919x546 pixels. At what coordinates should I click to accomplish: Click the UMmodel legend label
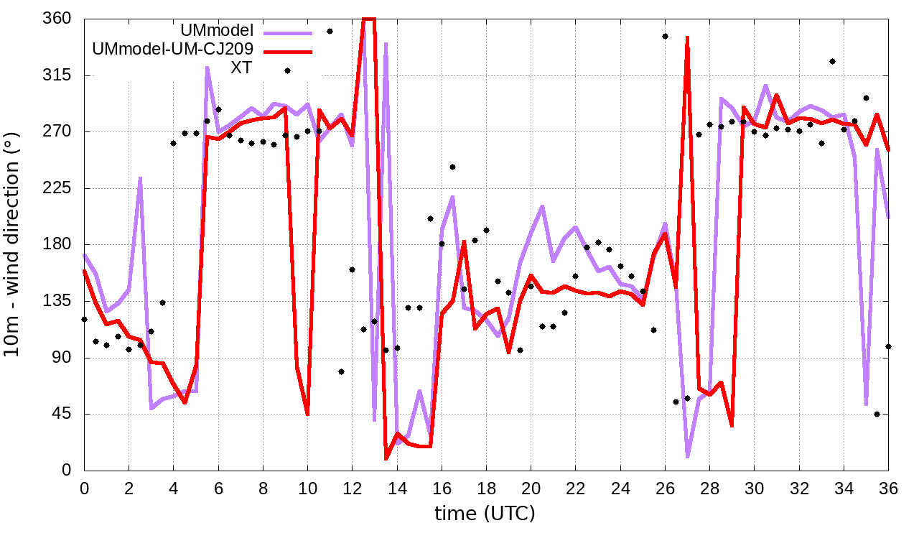pyautogui.click(x=218, y=31)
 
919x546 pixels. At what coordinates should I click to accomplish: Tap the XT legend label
pyautogui.click(x=242, y=68)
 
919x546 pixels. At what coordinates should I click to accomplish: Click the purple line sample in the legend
pyautogui.click(x=288, y=32)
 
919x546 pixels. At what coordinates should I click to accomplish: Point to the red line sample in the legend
pyautogui.click(x=288, y=51)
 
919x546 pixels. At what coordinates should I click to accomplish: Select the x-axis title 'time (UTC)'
pyautogui.click(x=485, y=514)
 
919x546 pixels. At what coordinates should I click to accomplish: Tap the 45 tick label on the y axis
pyautogui.click(x=63, y=415)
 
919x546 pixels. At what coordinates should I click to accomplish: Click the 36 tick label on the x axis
pyautogui.click(x=888, y=488)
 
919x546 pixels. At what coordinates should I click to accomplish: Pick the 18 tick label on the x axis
pyautogui.click(x=486, y=488)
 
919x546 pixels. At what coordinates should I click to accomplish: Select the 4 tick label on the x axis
pyautogui.click(x=173, y=488)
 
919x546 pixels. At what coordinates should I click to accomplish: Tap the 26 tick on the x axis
pyautogui.click(x=665, y=488)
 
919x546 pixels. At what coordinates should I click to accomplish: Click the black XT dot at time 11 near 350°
pyautogui.click(x=330, y=31)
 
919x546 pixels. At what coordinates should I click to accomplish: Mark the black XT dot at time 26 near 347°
pyautogui.click(x=665, y=36)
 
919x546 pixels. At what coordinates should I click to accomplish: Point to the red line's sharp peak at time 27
pyautogui.click(x=687, y=37)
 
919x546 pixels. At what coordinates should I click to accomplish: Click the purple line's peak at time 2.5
pyautogui.click(x=140, y=177)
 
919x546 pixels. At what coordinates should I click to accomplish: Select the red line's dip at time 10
pyautogui.click(x=307, y=414)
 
